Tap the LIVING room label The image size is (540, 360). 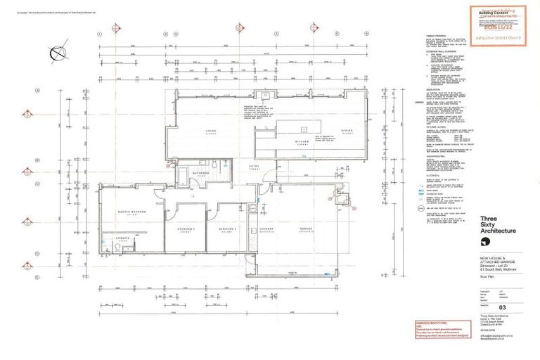click(210, 131)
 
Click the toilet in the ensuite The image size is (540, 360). click(108, 246)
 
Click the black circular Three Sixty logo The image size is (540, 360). click(486, 243)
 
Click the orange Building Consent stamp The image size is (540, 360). click(497, 25)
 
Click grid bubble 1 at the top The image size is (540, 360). click(101, 34)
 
